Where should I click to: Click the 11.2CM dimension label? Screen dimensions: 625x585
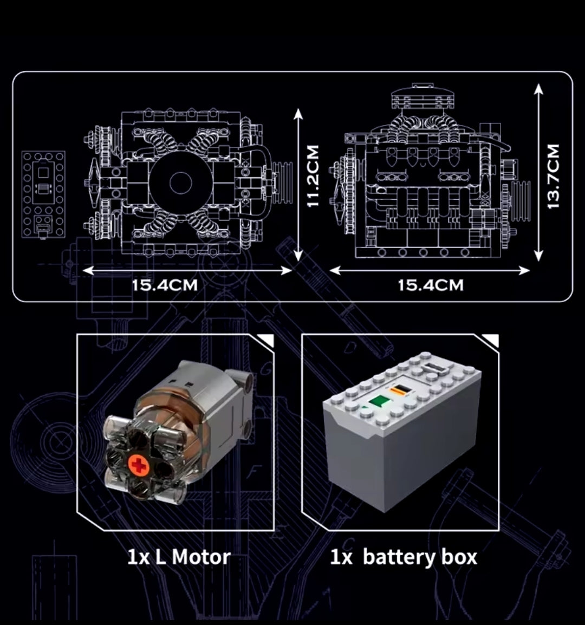point(313,175)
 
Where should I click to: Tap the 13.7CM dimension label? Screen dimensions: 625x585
point(553,175)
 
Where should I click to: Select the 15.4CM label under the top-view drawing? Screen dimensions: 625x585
point(165,285)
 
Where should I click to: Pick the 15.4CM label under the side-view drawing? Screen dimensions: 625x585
point(431,285)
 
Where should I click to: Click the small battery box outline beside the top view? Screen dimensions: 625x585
point(44,194)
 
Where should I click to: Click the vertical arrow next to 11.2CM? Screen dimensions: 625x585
point(297,183)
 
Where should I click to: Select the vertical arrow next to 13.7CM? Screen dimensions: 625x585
point(538,172)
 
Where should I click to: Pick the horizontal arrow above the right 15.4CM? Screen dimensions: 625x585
point(429,270)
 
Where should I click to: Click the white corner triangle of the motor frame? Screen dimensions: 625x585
point(266,340)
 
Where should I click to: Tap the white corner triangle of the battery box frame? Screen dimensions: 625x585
point(491,340)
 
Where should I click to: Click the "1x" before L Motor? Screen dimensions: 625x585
point(138,557)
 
